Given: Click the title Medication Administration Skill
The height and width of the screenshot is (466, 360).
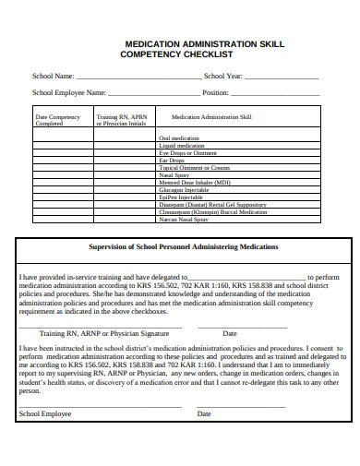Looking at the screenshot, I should coord(204,43).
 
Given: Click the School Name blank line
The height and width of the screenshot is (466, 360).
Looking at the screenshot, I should coord(138,77).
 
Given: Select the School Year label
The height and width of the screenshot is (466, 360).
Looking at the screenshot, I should coord(223,76).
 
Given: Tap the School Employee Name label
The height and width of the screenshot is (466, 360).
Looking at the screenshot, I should coord(69,93).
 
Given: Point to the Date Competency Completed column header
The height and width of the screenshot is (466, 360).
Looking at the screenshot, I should coord(57,120).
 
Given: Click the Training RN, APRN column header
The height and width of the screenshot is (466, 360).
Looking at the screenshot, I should coord(121,120).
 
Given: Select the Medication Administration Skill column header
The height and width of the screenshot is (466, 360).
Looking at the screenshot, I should coord(211,117).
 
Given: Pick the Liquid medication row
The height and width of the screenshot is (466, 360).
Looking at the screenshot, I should coord(182,145).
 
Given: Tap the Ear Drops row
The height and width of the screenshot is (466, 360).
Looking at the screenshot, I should coord(172,161).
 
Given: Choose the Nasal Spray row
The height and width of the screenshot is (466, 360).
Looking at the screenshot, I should coord(174,175).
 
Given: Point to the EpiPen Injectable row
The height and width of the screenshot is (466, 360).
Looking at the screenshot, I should coord(181,197).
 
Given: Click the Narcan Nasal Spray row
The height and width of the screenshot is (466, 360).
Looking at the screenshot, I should coord(184,220).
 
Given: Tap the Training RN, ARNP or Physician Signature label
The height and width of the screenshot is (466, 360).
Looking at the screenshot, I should coord(104,332).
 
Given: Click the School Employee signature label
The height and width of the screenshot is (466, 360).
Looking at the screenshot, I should coord(44,413).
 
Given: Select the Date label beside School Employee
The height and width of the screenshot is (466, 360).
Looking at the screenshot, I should coord(204,413).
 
